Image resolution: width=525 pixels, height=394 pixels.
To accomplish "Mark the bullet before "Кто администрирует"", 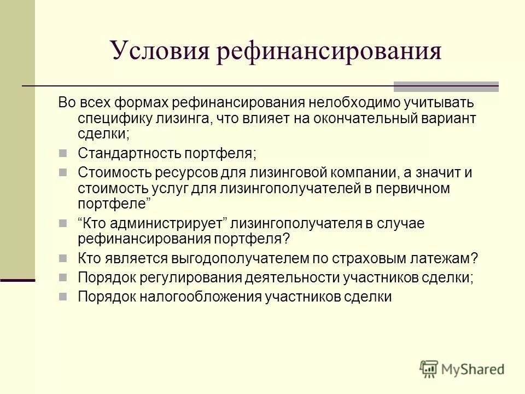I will point(62,223).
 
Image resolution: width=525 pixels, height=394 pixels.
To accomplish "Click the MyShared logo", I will point(462,369).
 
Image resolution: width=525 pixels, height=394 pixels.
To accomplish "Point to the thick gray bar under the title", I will point(446,86).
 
